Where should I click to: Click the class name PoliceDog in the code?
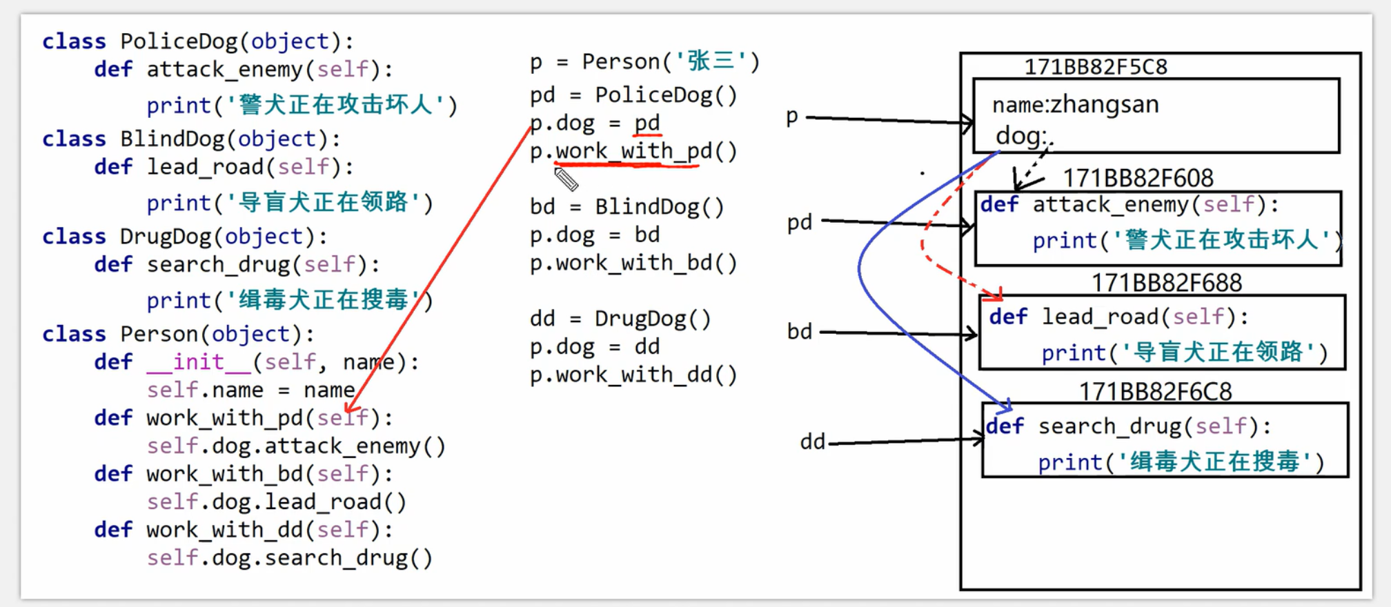click(178, 41)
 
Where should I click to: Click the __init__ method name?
click(199, 362)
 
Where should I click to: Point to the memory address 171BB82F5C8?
click(1095, 67)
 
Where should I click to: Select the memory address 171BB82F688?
click(1166, 283)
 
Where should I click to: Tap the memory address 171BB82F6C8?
click(1155, 392)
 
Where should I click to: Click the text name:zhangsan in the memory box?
click(1075, 105)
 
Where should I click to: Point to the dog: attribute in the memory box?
click(1020, 136)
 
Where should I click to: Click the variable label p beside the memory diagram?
click(792, 117)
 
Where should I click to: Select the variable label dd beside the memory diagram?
click(812, 441)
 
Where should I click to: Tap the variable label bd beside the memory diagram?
click(800, 332)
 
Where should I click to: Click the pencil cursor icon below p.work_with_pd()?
click(566, 179)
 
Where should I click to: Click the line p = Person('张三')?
click(644, 62)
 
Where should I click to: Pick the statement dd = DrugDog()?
click(620, 319)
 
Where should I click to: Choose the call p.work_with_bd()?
click(633, 263)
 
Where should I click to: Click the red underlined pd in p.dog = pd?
click(647, 123)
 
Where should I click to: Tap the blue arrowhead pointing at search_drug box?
click(1007, 406)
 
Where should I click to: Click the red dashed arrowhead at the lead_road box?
click(996, 295)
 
